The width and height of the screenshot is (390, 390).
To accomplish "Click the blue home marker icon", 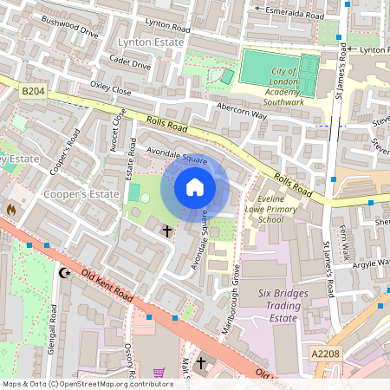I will coord(195,187).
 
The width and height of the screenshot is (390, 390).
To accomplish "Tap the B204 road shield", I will coord(33,89).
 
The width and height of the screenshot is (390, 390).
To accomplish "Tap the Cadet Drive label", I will coord(130,64).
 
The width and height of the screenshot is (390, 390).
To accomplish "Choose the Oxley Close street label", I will coord(110,89).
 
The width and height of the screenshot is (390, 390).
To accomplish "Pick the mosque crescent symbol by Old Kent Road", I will coord(62,273).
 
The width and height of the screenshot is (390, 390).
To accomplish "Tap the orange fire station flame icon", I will coord(11,210).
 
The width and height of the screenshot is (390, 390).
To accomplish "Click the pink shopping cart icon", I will coord(159,373).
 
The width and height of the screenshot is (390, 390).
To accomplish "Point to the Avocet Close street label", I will coord(117,129).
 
